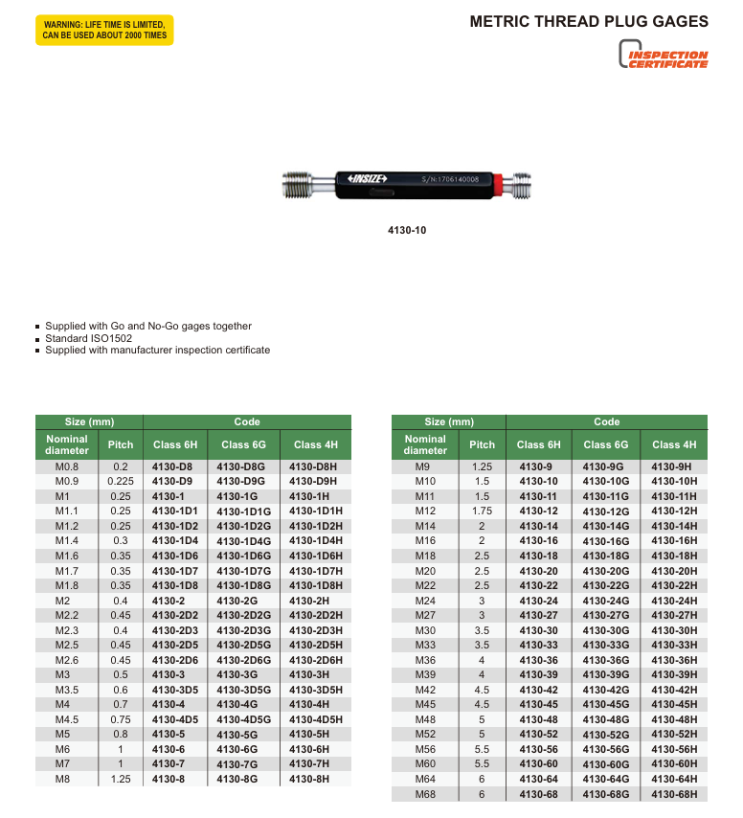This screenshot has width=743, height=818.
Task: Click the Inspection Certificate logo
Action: [664, 58]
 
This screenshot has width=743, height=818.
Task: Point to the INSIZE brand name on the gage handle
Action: [368, 178]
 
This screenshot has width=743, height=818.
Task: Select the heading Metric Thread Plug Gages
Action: [589, 21]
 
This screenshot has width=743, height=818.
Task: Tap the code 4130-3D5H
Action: [316, 689]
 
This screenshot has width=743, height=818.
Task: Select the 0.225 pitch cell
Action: [121, 481]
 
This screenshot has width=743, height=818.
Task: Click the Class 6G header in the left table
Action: [243, 444]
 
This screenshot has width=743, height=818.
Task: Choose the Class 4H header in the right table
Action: [674, 444]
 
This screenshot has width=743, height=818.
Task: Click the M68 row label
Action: [425, 794]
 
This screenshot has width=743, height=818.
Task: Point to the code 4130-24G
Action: [606, 601]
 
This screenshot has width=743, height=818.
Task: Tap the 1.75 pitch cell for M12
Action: [482, 511]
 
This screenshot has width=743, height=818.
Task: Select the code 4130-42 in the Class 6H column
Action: [538, 690]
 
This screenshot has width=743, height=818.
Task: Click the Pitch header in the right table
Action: [482, 444]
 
